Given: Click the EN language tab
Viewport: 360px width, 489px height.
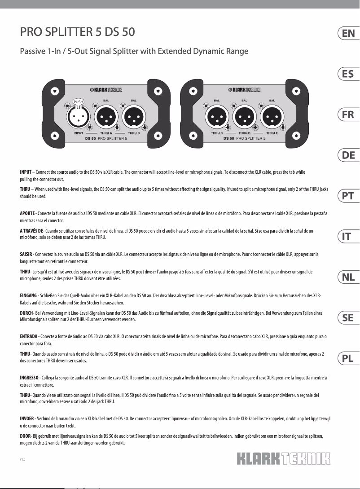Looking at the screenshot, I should click(348, 33).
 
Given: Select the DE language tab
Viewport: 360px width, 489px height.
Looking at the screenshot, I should click(348, 155).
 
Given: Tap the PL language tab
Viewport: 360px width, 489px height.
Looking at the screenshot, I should click(348, 358).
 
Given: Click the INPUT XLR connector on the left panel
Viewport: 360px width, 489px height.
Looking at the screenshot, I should click(78, 118).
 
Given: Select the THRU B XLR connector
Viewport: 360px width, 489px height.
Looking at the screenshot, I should click(134, 118).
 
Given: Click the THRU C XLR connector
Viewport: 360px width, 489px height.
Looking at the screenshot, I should click(217, 118).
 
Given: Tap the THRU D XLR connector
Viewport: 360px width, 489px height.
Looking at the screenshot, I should click(245, 118).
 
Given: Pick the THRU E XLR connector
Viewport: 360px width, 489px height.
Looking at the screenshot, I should click(272, 118).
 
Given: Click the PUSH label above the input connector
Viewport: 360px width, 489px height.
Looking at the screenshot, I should click(78, 101).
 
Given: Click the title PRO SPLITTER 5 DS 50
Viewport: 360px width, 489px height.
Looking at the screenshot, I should click(77, 33).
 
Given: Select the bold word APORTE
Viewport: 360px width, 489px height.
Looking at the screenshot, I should click(28, 212).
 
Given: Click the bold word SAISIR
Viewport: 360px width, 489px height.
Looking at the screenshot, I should click(26, 254).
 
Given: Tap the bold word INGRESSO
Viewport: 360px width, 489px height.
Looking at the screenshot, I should click(29, 378).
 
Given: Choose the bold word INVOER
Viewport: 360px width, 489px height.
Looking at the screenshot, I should click(27, 419).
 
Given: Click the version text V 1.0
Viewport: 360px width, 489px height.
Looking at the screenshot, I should click(22, 459).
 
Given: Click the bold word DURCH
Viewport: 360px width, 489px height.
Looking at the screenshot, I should click(26, 312).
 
